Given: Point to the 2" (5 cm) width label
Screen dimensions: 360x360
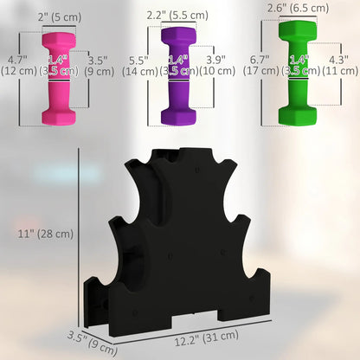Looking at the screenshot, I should [60, 17].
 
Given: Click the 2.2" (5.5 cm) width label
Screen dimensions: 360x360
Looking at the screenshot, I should [177, 15].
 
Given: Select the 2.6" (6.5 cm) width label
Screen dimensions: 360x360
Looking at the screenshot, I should [298, 7].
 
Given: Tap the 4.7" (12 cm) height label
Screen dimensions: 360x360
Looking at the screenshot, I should [19, 65].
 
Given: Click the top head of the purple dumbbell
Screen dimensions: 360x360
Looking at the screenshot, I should [177, 39].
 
